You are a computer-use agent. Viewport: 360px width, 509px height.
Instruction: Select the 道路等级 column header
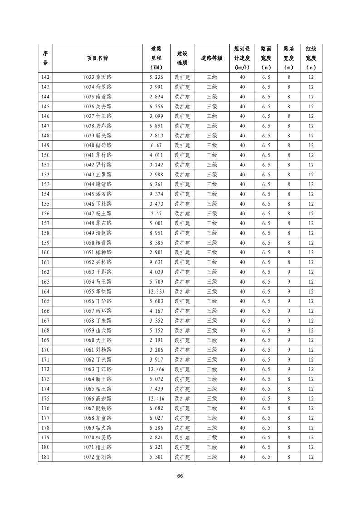click(212, 58)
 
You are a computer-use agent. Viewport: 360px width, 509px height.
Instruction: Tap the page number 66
click(180, 476)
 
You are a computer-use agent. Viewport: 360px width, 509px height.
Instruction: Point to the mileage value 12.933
click(156, 292)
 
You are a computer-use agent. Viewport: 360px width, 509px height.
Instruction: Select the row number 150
click(45, 155)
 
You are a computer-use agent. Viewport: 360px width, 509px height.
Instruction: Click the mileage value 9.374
click(156, 194)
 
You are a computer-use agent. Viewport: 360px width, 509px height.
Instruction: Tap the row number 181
click(45, 457)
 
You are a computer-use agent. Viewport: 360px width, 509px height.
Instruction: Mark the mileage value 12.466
click(156, 369)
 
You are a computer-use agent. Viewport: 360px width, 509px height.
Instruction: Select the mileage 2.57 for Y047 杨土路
click(156, 214)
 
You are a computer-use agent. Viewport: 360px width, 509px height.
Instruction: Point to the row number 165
click(45, 301)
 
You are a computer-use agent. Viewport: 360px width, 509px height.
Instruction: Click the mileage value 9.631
click(156, 262)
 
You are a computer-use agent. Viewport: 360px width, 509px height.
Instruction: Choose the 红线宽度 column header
click(311, 58)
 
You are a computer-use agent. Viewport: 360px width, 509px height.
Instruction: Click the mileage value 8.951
click(156, 233)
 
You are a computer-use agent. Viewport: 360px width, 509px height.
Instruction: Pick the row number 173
click(45, 379)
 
